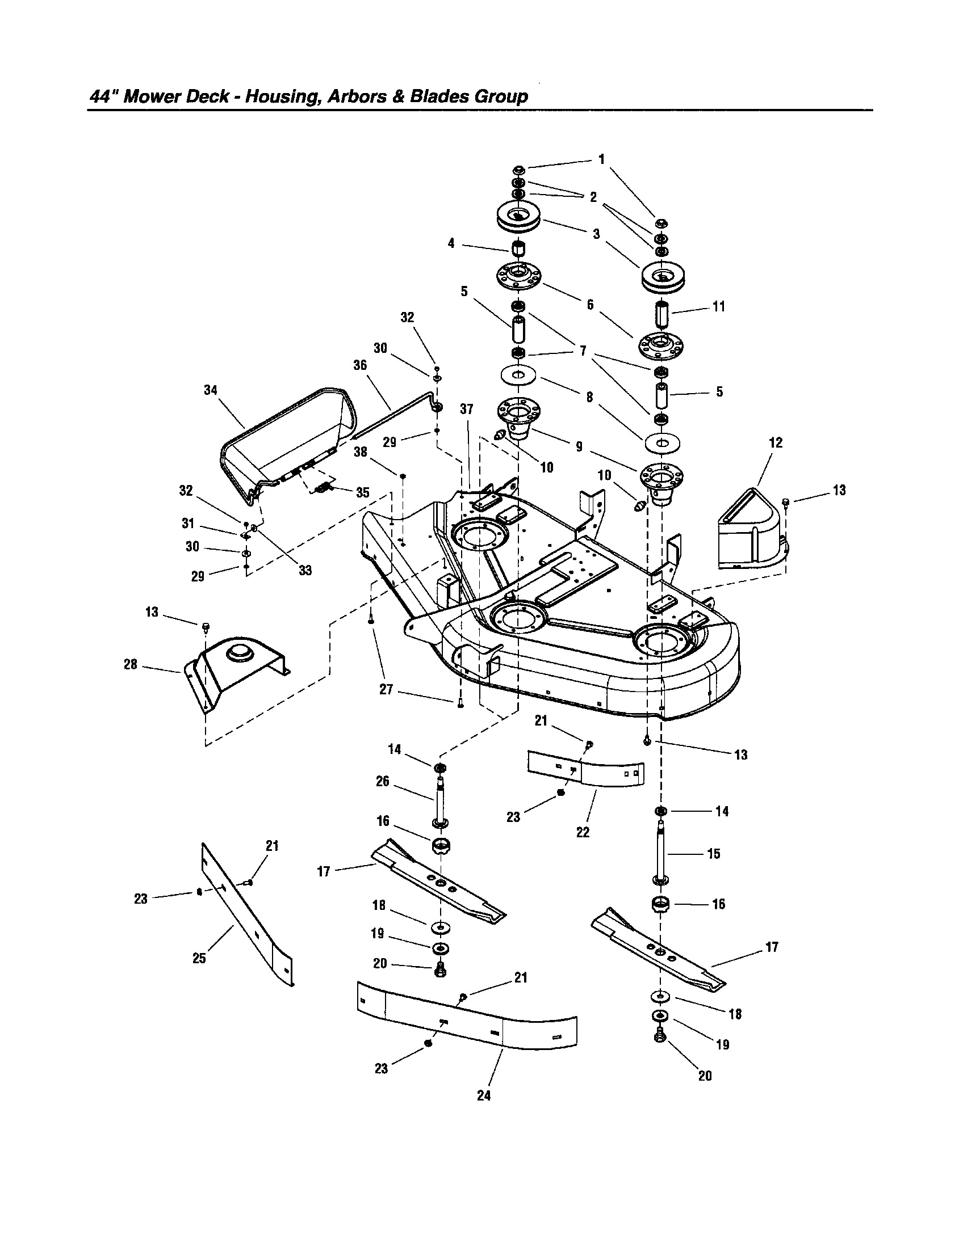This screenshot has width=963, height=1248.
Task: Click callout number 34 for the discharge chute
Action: [x=211, y=390]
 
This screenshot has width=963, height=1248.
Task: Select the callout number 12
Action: [x=776, y=442]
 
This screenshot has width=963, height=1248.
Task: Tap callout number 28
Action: [x=131, y=664]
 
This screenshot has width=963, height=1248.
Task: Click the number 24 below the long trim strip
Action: [x=484, y=1095]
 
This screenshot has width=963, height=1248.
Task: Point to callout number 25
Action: [x=199, y=958]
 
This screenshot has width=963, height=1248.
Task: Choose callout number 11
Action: [x=718, y=307]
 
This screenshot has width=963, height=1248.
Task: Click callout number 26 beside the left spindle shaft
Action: [x=383, y=781]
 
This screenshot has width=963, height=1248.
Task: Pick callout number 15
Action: [x=714, y=854]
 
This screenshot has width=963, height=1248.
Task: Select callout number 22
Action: [x=583, y=832]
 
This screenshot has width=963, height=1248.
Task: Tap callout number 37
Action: [x=467, y=409]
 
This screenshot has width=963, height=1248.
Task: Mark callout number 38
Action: [x=360, y=452]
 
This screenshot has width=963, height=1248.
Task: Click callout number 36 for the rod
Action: [x=359, y=365]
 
